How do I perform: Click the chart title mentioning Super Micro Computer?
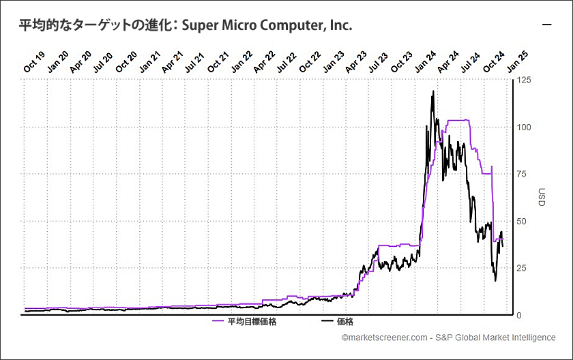click(186, 25)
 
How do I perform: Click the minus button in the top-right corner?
click(546, 25)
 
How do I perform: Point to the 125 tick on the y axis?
click(524, 80)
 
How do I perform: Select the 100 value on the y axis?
click(524, 127)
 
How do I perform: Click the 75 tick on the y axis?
click(522, 175)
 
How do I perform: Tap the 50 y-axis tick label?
click(522, 222)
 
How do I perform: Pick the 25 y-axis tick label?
click(522, 269)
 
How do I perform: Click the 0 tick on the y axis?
click(520, 315)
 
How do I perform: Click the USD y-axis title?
click(542, 198)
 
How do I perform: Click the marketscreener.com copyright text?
click(448, 337)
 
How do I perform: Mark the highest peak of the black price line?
click(433, 91)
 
